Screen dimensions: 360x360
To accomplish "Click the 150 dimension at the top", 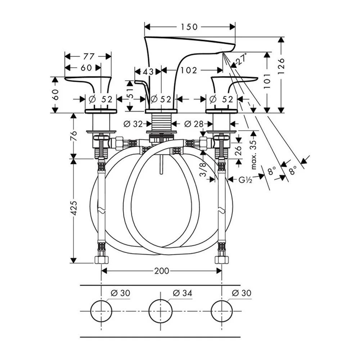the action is [x=189, y=27].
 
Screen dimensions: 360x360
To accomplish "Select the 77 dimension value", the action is [x=89, y=56].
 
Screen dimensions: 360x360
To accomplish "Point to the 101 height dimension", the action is [x=267, y=81].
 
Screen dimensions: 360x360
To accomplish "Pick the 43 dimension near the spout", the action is [x=148, y=72].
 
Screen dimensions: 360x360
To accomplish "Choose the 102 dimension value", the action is [x=189, y=70].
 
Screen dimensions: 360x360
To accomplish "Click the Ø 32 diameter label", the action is [x=133, y=124].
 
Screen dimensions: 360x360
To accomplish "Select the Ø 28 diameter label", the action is [x=194, y=124].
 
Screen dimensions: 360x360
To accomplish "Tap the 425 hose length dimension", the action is [x=74, y=208].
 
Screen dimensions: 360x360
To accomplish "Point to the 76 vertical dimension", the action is [x=74, y=136].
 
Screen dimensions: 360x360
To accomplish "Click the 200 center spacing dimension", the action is [x=162, y=271].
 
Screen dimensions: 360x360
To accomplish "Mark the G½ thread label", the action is [x=246, y=180].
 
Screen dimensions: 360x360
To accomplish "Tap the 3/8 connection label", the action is [x=203, y=170].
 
